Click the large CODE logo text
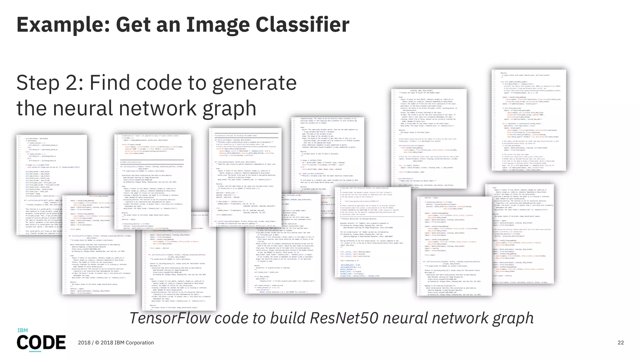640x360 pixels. click(41, 342)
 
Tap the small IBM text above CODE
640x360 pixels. click(22, 330)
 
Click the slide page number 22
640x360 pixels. click(621, 343)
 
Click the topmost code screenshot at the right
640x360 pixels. click(529, 120)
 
